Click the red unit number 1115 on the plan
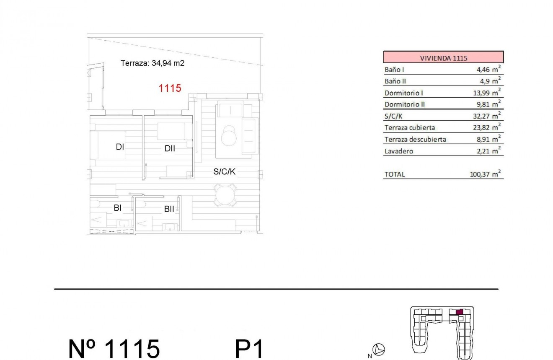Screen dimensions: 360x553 [170, 88]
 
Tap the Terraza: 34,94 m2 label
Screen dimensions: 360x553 [152, 64]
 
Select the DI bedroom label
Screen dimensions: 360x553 [120, 147]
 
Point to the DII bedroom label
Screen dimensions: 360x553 [170, 148]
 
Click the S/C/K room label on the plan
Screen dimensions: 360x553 [225, 171]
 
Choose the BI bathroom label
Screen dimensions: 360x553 [118, 207]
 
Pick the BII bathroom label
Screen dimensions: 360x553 [169, 209]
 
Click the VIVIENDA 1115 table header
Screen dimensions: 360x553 [443, 58]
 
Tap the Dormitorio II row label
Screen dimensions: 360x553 [404, 104]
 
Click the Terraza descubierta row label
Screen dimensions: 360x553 [415, 140]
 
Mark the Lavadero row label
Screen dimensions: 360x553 [398, 151]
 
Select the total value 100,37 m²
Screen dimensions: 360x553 [486, 174]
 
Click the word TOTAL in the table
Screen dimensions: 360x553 [395, 174]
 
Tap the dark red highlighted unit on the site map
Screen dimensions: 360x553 [459, 312]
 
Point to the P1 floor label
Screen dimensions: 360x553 [250, 348]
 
